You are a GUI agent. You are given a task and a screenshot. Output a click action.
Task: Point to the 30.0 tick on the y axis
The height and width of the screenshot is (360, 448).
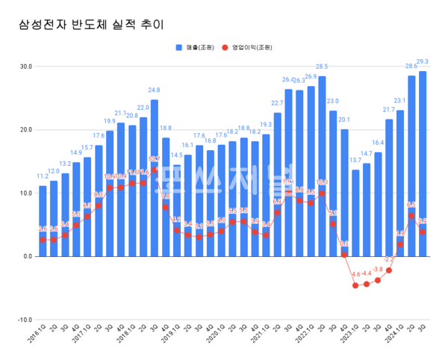[x=25, y=66]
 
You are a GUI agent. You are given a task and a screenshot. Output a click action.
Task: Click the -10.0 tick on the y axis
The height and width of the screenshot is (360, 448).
[x=25, y=320]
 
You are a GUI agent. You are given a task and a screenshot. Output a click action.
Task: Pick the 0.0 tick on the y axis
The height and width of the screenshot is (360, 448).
[x=27, y=256]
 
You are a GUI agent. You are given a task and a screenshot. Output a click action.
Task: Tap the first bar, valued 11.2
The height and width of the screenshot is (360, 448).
[x=43, y=220]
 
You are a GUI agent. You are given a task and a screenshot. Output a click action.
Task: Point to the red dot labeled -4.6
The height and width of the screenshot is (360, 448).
[x=355, y=285]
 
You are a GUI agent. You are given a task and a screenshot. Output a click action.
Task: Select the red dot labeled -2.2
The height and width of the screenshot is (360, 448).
[x=389, y=270]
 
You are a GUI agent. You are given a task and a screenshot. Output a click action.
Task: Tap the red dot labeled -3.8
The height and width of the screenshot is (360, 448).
[x=378, y=280]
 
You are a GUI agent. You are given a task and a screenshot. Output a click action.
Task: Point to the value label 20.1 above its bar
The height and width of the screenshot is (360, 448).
[x=344, y=120]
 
